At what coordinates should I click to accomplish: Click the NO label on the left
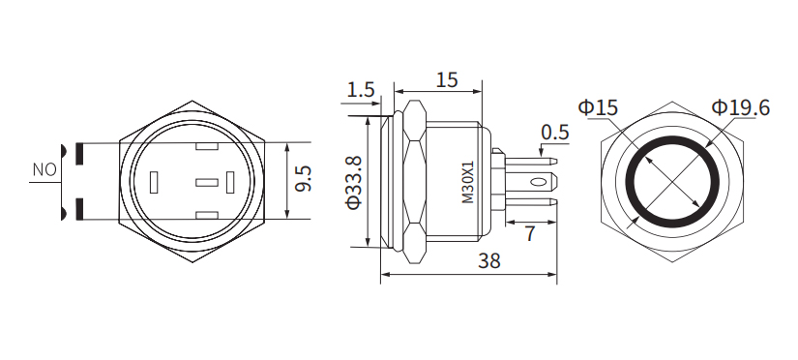pyautogui.click(x=44, y=170)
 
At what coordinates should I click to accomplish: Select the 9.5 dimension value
pyautogui.click(x=303, y=180)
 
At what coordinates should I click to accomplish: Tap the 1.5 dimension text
pyautogui.click(x=360, y=90)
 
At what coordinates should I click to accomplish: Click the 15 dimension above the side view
pyautogui.click(x=446, y=80)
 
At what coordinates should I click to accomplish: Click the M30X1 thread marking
pyautogui.click(x=468, y=182)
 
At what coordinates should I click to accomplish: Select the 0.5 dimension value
pyautogui.click(x=554, y=132)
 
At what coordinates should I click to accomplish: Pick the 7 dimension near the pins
pyautogui.click(x=530, y=233)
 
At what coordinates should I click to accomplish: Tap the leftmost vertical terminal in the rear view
pyautogui.click(x=155, y=182)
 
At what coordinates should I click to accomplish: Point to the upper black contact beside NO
pyautogui.click(x=77, y=151)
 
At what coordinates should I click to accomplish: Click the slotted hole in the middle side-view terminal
pyautogui.click(x=535, y=180)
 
